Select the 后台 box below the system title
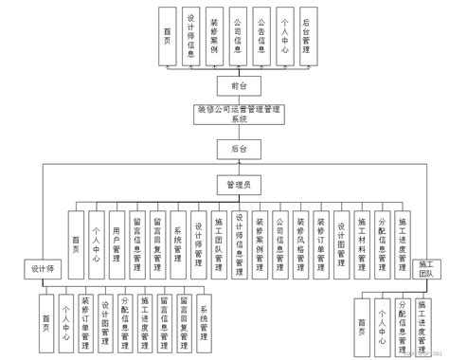coord(225,149)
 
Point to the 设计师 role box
coord(41,268)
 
